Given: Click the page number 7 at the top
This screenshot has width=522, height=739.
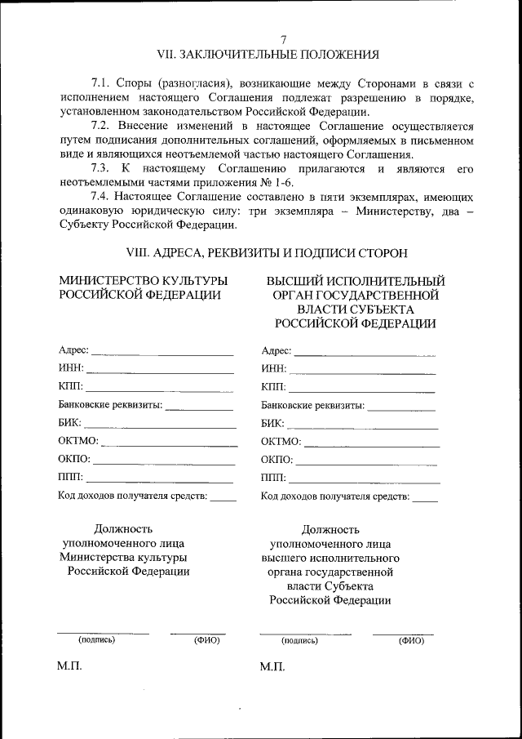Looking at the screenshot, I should (283, 40).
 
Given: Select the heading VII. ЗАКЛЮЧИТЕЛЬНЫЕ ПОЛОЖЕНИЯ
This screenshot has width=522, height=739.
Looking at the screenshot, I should (268, 55).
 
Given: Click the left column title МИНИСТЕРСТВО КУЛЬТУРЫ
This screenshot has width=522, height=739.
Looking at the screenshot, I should (143, 281).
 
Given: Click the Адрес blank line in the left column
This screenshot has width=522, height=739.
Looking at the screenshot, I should (162, 354).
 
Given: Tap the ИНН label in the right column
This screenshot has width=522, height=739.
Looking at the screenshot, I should (273, 368).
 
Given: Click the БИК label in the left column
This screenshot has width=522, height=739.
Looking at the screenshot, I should (69, 423).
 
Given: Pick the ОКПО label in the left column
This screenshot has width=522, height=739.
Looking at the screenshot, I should (74, 459).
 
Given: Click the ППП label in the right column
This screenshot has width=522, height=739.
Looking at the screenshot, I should (273, 478).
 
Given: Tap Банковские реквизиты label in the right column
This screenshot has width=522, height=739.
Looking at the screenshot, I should (312, 405).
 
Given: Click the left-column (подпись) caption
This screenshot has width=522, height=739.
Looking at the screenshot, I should (96, 640).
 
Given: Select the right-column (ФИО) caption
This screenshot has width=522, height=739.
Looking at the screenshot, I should (411, 641).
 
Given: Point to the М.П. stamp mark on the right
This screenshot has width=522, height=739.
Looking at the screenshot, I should (272, 667).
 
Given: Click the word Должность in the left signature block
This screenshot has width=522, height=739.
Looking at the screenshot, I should (123, 528).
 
